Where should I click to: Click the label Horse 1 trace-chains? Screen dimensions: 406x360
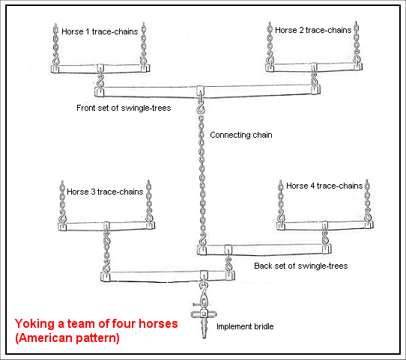pos(100,31)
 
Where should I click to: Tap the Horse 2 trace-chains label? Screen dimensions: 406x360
pos(313,30)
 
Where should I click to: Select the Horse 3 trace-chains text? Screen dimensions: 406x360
pos(105,192)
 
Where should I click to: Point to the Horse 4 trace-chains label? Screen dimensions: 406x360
pos(324,186)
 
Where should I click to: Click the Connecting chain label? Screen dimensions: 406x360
pos(241,135)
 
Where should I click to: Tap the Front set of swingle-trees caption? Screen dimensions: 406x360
pos(124,108)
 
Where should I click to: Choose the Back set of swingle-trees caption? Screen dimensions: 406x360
pos(301,266)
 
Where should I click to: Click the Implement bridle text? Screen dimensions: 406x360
pos(245,326)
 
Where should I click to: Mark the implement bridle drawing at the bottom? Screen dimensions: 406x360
pos(204,317)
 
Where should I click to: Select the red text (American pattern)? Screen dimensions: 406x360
pos(67,338)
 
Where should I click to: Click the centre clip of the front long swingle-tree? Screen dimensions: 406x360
pos(200,91)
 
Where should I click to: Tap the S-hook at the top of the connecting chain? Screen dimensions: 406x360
pos(201,106)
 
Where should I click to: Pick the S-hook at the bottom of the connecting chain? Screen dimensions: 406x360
pos(202,240)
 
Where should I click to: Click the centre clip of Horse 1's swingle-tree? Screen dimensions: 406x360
pos(100,69)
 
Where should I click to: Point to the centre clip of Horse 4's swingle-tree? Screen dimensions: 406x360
pos(325,225)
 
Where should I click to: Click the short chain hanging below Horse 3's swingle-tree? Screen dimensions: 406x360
pos(106,251)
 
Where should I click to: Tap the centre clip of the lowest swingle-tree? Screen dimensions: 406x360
pos(204,275)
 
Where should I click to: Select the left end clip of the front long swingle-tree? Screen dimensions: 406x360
pos(99,92)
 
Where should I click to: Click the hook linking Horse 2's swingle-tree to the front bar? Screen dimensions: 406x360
pos(315,78)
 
